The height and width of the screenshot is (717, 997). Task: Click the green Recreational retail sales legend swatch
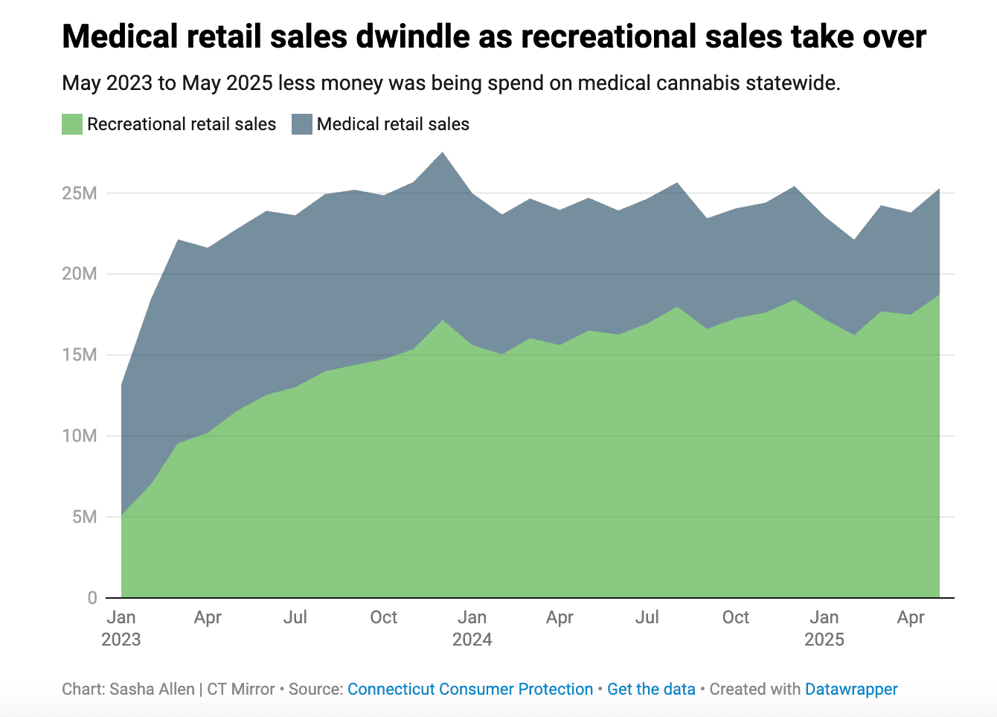pyautogui.click(x=72, y=124)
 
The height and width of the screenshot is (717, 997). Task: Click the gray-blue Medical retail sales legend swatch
pyautogui.click(x=301, y=124)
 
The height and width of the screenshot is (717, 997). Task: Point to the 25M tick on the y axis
pyautogui.click(x=80, y=193)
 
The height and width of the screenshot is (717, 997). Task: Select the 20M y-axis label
pyautogui.click(x=80, y=274)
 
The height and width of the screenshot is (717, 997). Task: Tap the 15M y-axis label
pyautogui.click(x=80, y=355)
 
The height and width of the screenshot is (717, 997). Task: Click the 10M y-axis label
pyautogui.click(x=80, y=436)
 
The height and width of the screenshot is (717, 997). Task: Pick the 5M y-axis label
pyautogui.click(x=85, y=517)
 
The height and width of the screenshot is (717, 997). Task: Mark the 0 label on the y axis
pyautogui.click(x=92, y=598)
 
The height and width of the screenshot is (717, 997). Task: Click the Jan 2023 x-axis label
pyautogui.click(x=121, y=628)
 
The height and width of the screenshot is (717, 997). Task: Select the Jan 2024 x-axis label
pyautogui.click(x=472, y=628)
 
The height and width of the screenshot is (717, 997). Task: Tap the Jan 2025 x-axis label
pyautogui.click(x=824, y=628)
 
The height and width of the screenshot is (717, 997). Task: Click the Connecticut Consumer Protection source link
pyautogui.click(x=470, y=689)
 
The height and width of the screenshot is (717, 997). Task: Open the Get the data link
pyautogui.click(x=651, y=689)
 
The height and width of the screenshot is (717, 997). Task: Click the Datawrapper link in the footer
pyautogui.click(x=851, y=689)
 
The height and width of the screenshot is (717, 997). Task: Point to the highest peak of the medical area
pyautogui.click(x=443, y=153)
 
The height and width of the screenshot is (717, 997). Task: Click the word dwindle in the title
pyautogui.click(x=414, y=36)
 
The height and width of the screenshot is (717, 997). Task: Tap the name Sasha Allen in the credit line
pyautogui.click(x=152, y=689)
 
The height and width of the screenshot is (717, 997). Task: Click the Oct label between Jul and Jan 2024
pyautogui.click(x=384, y=617)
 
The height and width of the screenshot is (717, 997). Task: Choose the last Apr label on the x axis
pyautogui.click(x=911, y=617)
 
